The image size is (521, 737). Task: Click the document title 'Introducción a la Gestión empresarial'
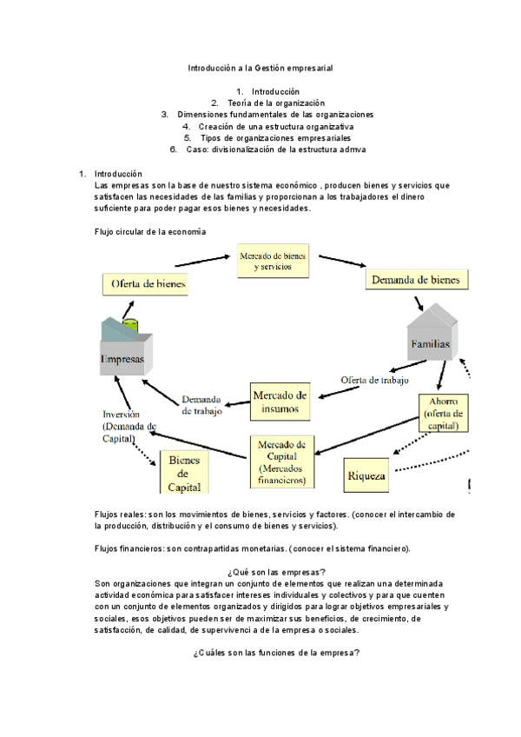260,67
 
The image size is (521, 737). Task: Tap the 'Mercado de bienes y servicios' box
274,262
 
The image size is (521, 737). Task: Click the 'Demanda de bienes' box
417,279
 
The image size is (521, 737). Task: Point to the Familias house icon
431,335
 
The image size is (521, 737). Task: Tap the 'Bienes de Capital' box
184,474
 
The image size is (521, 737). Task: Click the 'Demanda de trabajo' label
201,406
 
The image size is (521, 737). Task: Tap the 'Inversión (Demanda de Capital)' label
129,427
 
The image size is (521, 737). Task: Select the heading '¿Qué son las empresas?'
274,571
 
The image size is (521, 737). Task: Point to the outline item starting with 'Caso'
274,149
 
